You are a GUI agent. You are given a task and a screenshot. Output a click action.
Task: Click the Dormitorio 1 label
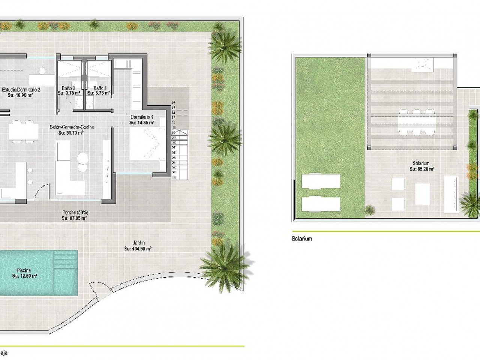click(142, 116)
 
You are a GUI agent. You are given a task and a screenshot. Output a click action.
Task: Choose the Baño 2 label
click(69, 88)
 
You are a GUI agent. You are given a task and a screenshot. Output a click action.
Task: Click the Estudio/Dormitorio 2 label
click(21, 90)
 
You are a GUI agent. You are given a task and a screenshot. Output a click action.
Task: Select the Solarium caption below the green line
click(301, 238)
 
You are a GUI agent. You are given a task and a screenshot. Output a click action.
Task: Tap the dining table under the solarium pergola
click(417, 121)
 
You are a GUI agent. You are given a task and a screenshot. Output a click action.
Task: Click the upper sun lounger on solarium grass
click(321, 181)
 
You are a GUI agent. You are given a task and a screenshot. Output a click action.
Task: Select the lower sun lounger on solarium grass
click(321, 204)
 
